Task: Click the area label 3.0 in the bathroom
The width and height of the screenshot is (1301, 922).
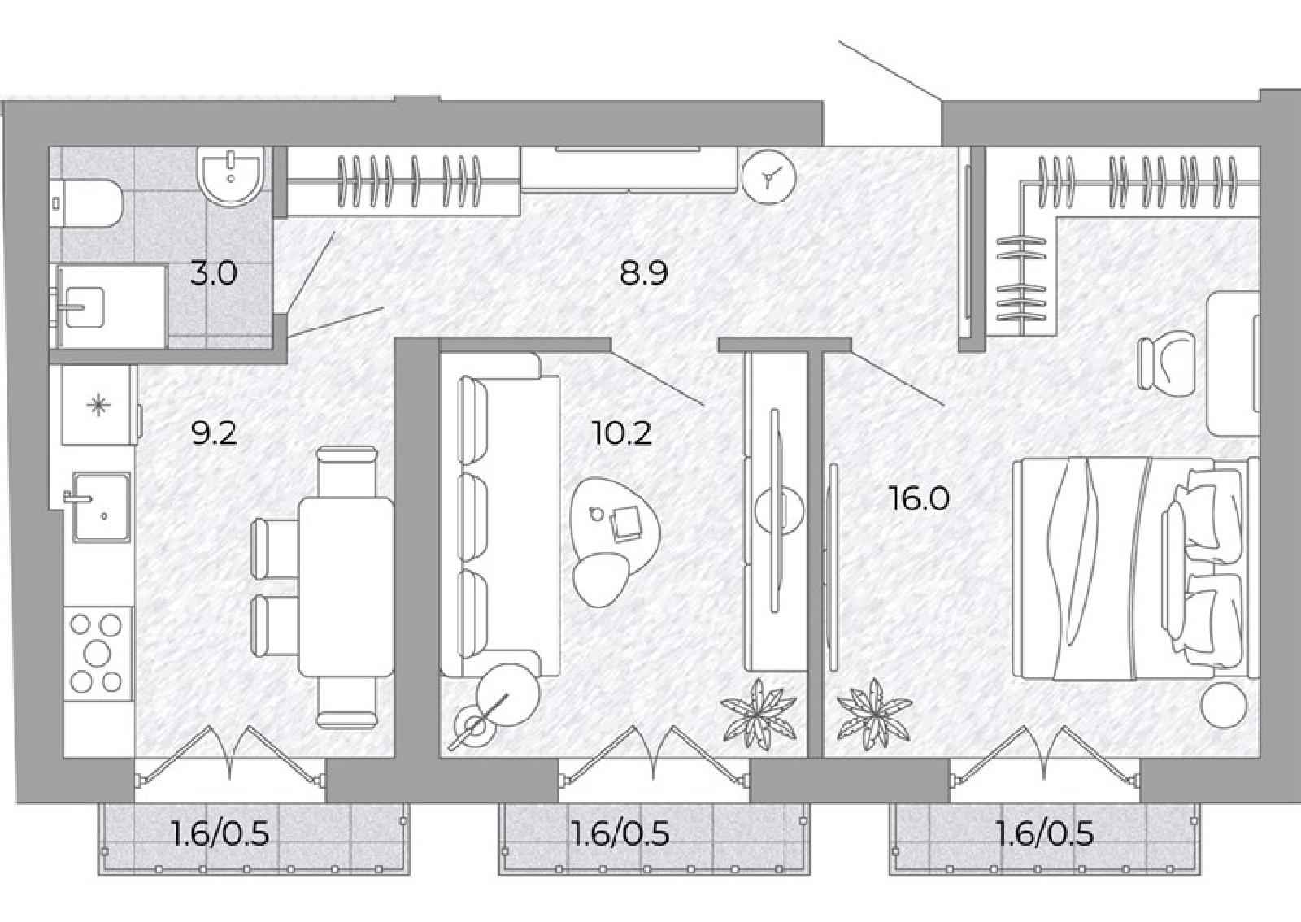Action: (213, 273)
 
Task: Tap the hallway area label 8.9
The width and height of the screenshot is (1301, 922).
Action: (643, 273)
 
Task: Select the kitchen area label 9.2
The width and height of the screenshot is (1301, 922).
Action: (215, 433)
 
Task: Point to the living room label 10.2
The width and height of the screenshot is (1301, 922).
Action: (621, 433)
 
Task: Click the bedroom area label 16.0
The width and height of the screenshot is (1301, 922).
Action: (920, 498)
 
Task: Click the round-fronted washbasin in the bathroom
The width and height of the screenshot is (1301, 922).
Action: (231, 176)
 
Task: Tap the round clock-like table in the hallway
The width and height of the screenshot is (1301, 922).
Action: (768, 176)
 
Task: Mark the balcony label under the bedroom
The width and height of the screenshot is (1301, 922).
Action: (1044, 834)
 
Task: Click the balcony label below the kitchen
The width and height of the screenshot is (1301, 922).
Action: (220, 834)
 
